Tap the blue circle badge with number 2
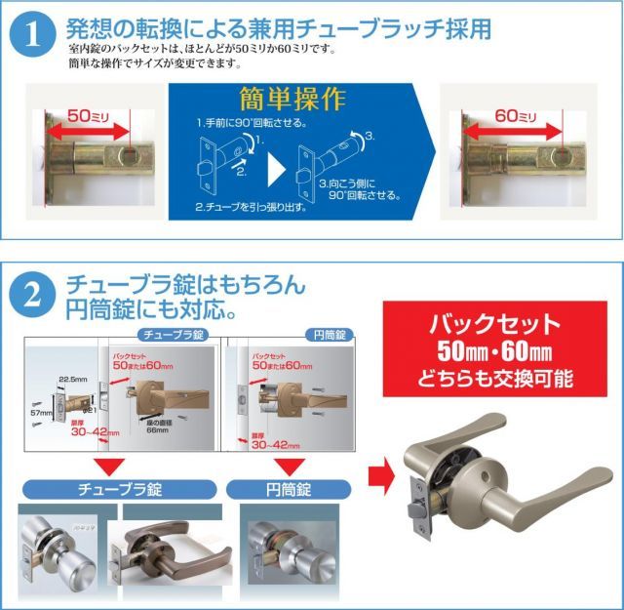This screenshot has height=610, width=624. click(31, 292)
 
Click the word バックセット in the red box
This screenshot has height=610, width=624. click(495, 323)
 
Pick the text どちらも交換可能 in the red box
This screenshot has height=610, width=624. click(496, 377)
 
